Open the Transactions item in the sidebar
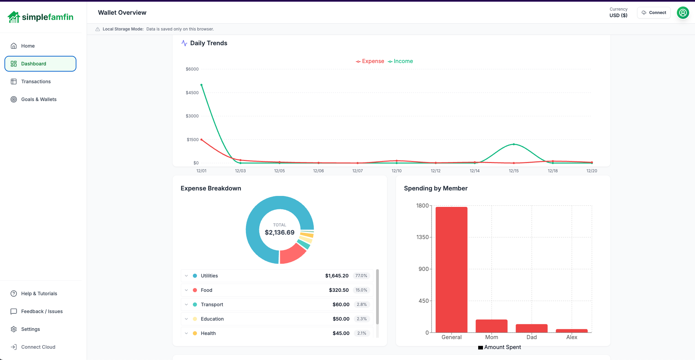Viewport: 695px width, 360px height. coord(36,82)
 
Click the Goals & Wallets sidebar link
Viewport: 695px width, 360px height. coord(38,99)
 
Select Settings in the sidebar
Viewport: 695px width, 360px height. coord(30,329)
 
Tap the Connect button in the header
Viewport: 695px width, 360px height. coord(654,13)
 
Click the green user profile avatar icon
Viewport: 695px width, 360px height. coord(683,13)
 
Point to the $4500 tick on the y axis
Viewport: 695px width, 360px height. coord(192,93)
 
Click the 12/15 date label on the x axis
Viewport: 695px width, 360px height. coord(513,171)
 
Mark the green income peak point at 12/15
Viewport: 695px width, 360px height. coord(514,144)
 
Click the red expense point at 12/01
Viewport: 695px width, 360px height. coord(201,140)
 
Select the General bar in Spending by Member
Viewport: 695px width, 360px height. coord(451,270)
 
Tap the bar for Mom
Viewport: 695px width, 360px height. coord(491,326)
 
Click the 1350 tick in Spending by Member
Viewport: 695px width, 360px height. coord(422,237)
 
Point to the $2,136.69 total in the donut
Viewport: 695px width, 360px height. coord(280,233)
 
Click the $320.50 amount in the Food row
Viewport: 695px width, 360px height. coord(338,290)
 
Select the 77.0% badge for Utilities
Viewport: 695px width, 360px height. coord(361,276)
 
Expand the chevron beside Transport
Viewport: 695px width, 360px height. coord(186,305)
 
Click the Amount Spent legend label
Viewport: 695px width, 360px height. coord(502,347)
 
